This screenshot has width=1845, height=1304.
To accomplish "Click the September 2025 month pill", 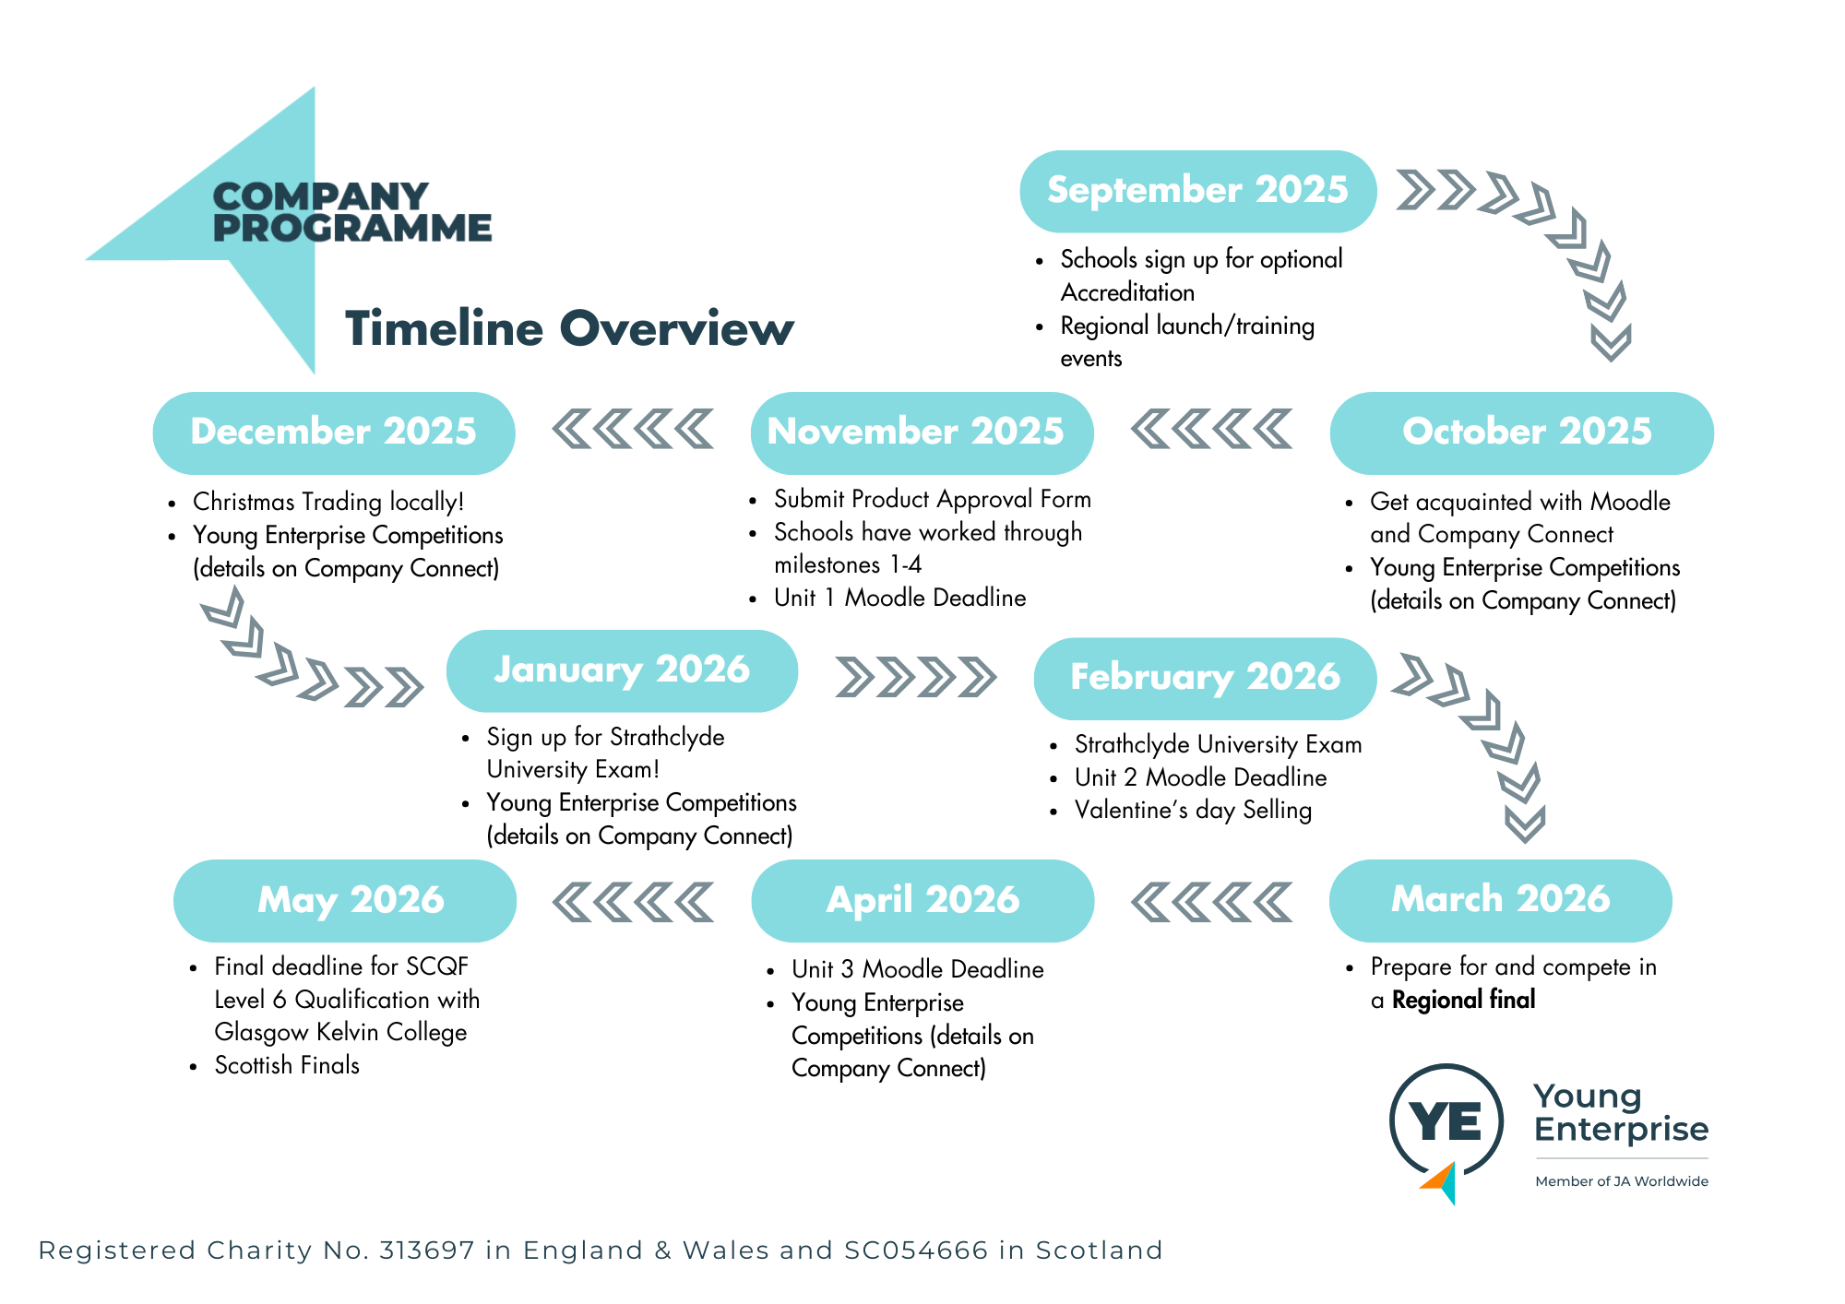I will pos(1197,191).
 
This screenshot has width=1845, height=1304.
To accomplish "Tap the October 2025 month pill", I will pos(1521,433).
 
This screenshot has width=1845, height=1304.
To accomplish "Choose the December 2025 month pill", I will pos(334,433).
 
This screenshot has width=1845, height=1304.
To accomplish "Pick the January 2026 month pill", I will pos(622,670).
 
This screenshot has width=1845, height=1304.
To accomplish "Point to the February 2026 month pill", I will pos(1205,678).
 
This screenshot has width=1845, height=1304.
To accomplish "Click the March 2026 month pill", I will pos(1500,900).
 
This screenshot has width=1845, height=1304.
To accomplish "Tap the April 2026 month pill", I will pos(922,900).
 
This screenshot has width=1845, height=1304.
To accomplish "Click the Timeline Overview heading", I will pos(569,328).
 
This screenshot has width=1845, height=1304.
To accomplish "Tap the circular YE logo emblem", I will pos(1446,1122).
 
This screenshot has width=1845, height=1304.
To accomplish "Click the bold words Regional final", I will pos(1463,1000).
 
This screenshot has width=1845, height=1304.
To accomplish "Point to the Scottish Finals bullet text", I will pos(287,1065).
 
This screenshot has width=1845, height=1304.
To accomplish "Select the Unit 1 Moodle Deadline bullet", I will pos(899,598).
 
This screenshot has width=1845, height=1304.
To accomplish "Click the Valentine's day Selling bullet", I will pos(1193,810).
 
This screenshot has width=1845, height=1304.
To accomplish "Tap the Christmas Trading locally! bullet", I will pos(327,502).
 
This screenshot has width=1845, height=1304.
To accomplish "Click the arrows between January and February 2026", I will pos(915,677).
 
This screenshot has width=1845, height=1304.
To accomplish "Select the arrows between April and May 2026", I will pos(633,902).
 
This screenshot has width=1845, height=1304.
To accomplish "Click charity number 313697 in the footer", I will pos(427,1251).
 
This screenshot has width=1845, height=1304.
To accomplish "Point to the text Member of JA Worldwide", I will pos(1621,1181).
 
